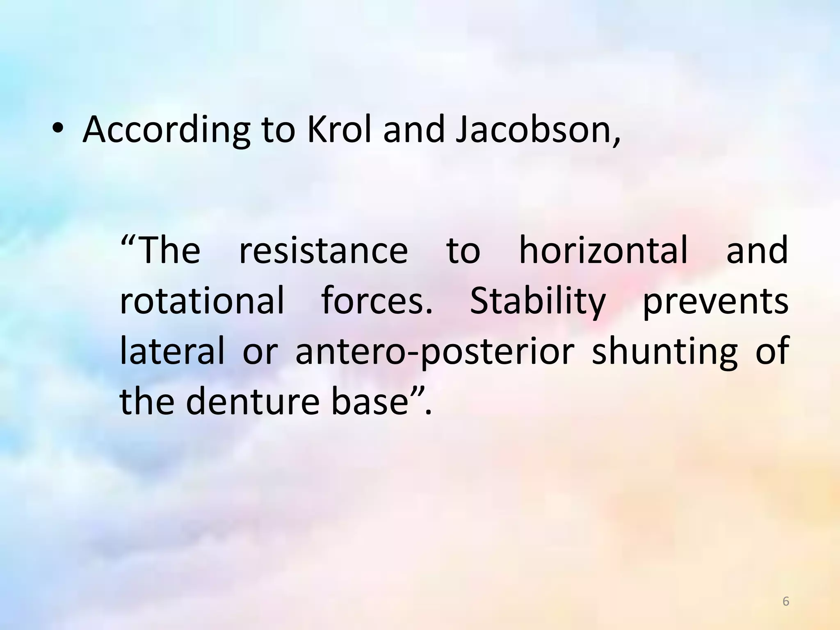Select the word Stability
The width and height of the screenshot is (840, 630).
(538, 302)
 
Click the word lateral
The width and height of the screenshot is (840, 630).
(172, 351)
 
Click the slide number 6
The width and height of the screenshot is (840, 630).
(786, 602)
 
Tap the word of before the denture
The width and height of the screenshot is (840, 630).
(772, 351)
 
